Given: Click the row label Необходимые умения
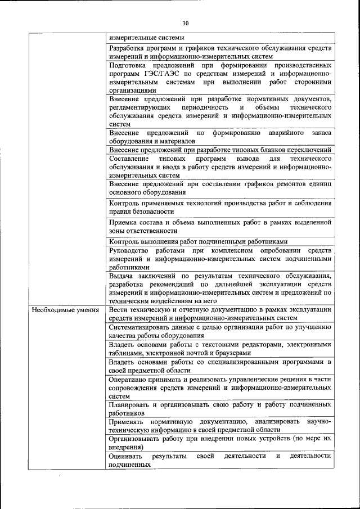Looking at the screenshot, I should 65,310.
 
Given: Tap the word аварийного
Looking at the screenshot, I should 281,133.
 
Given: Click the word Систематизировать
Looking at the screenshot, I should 142,327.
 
